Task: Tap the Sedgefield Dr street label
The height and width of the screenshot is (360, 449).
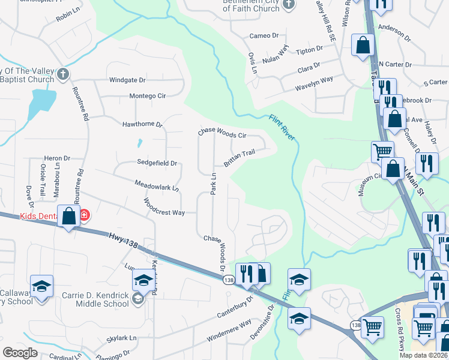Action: coord(157,163)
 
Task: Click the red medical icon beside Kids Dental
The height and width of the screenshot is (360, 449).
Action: coord(85,215)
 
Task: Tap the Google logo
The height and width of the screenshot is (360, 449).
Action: coord(20,353)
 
